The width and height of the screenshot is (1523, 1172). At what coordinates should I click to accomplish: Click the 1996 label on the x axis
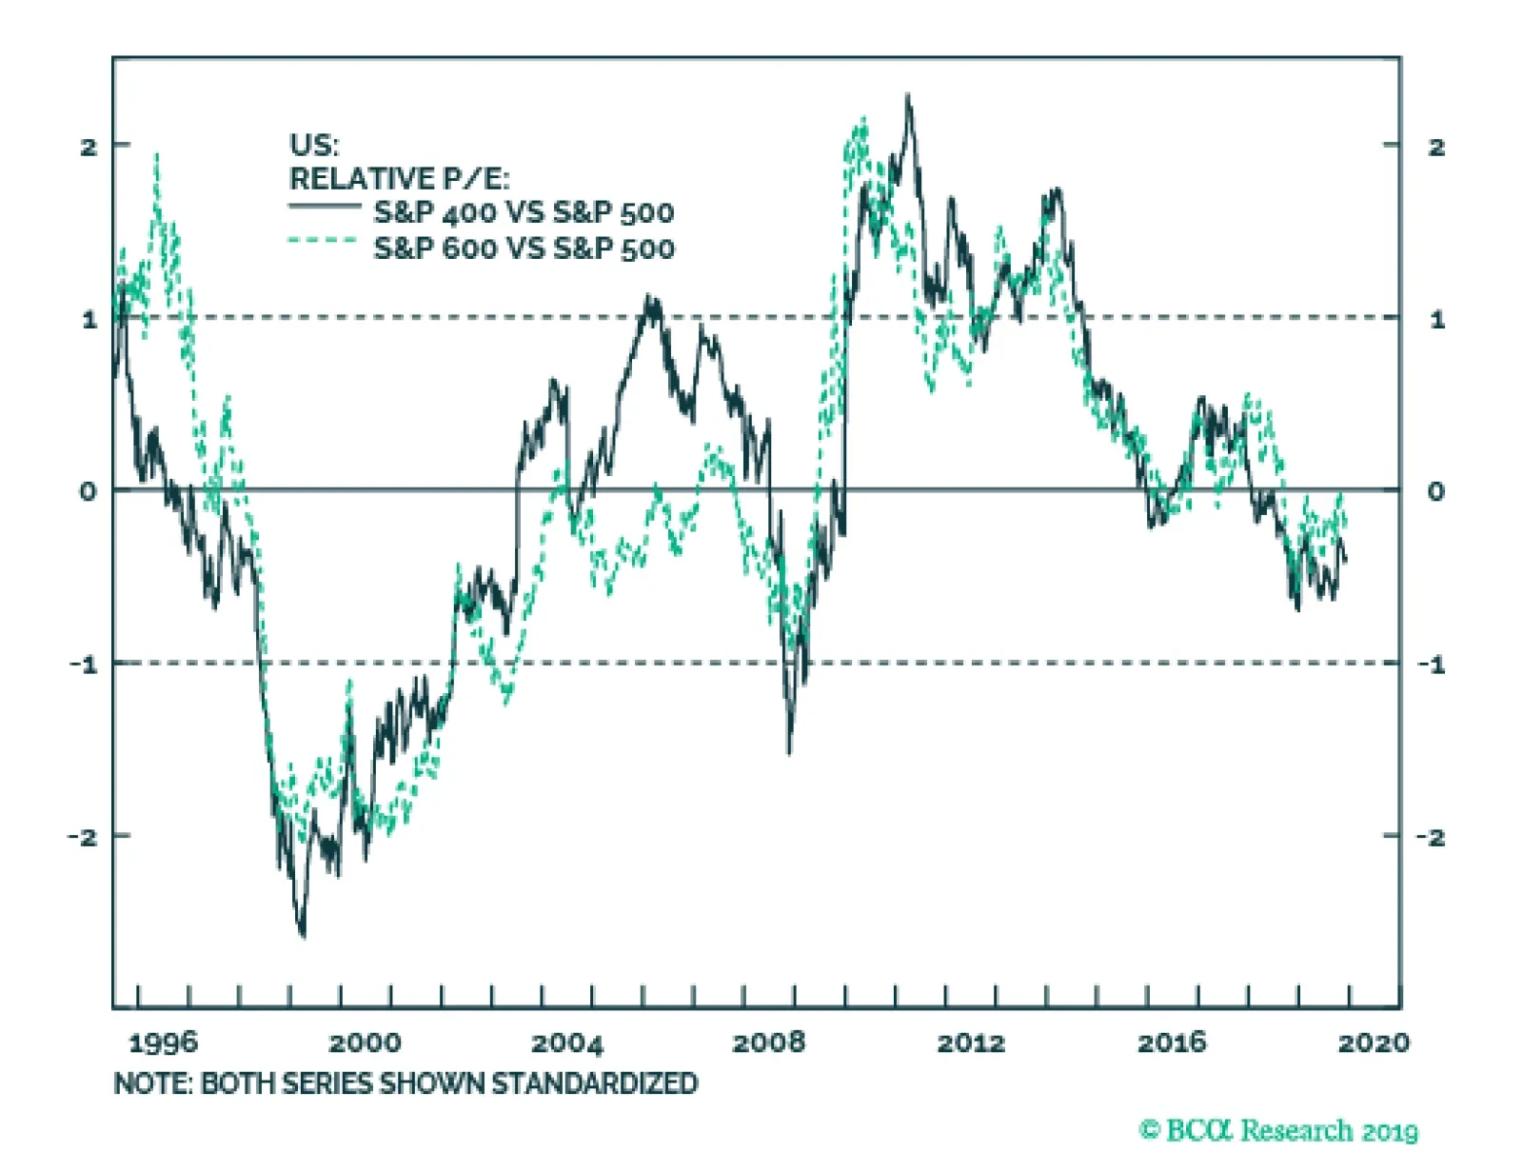click(163, 1043)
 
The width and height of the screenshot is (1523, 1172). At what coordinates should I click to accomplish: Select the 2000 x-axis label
click(365, 1043)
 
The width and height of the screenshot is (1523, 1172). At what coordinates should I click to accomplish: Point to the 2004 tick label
click(567, 1043)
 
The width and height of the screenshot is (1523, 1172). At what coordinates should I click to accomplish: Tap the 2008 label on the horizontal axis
click(768, 1043)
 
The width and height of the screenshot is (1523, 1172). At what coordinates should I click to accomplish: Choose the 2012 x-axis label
click(971, 1043)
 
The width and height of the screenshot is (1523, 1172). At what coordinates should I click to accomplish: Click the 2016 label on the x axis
click(1172, 1043)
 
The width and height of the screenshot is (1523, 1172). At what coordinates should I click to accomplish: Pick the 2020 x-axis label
click(1374, 1043)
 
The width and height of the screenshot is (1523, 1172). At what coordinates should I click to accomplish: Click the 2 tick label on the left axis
click(89, 147)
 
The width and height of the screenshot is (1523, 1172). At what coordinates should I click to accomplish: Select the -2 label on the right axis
click(1430, 837)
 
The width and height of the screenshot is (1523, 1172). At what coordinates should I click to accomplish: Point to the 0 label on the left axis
click(89, 491)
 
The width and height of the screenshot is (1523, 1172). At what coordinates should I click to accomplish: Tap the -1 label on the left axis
click(84, 665)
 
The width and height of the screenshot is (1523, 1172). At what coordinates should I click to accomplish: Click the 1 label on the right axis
click(1436, 320)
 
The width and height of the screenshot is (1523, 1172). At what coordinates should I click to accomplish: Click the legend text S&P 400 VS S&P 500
click(524, 212)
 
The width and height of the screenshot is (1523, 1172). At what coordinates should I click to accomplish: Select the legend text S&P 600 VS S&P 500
click(524, 248)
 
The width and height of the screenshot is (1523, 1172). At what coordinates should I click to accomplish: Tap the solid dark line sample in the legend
click(324, 206)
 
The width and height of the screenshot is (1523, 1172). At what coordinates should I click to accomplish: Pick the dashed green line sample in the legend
click(324, 241)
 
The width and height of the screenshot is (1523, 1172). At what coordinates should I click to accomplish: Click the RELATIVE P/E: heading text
click(399, 178)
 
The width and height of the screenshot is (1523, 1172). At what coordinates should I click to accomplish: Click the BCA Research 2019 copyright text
click(1278, 1131)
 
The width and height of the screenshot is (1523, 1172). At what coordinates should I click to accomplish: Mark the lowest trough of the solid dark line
click(303, 936)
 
